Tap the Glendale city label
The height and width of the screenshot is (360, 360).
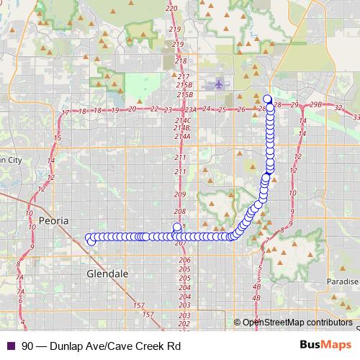tap(107, 274)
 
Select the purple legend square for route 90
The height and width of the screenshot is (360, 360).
tap(10, 346)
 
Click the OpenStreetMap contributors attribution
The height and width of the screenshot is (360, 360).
tap(297, 322)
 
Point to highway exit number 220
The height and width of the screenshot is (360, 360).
tap(171, 8)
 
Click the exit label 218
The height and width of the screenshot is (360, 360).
tap(180, 61)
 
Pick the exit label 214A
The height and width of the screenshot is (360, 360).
tap(181, 136)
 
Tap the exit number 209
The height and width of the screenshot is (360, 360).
tap(180, 195)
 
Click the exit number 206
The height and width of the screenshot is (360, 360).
tap(184, 260)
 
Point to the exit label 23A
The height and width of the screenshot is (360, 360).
tap(189, 109)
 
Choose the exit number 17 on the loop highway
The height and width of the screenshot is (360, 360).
tap(66, 113)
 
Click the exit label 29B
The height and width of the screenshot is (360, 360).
tap(315, 105)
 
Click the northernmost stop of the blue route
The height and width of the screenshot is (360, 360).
tap(267, 99)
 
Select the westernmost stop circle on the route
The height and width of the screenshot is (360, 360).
tap(89, 237)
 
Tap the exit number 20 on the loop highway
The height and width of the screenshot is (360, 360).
tap(132, 109)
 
